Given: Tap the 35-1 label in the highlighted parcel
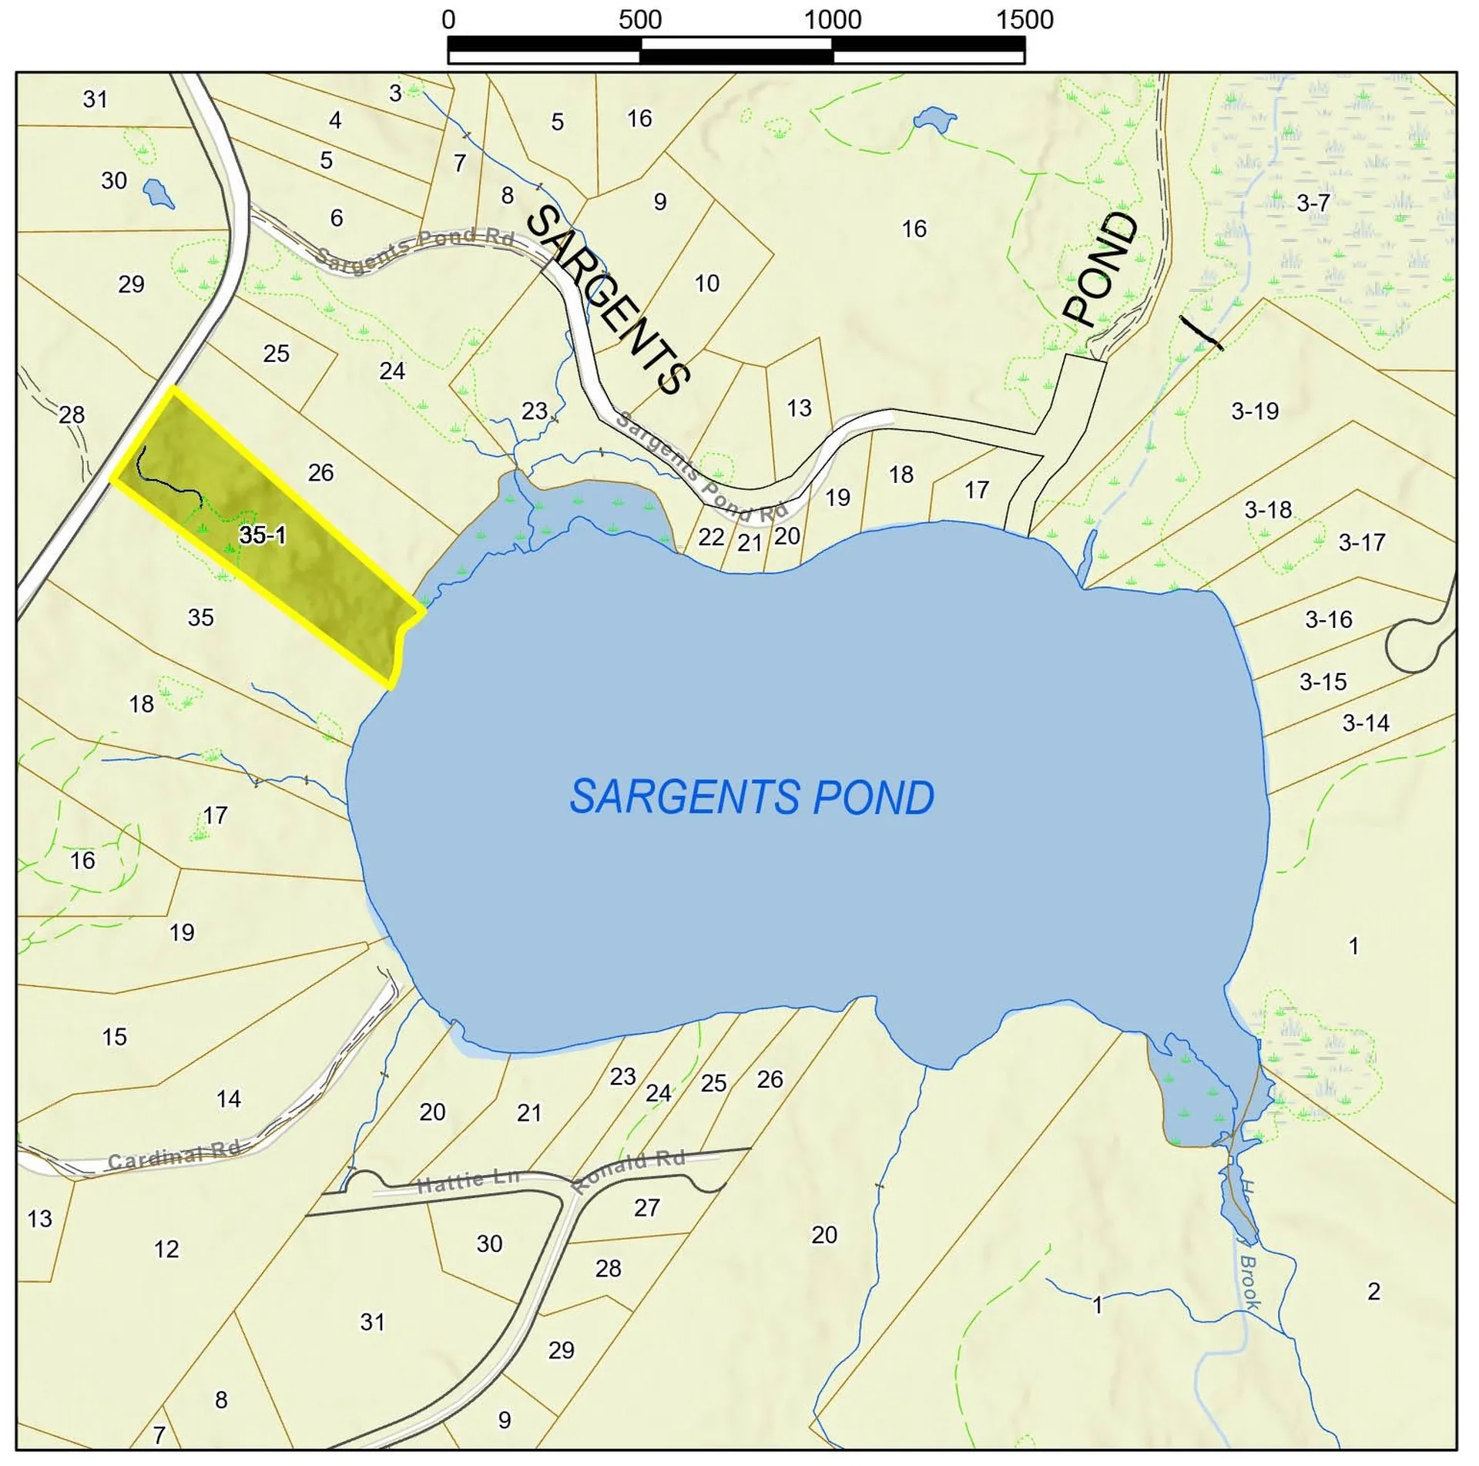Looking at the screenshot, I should click(262, 535).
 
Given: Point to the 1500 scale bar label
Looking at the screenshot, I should click(1025, 20).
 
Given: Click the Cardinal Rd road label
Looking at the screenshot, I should click(174, 1156).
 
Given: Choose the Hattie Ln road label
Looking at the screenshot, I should click(468, 1179).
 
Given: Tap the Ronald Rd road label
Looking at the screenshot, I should click(629, 1169).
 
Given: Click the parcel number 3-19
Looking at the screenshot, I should click(1254, 411).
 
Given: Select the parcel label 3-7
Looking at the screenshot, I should click(1313, 203).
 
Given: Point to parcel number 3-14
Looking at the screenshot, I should click(1366, 723).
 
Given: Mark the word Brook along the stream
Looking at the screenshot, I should click(1249, 1281).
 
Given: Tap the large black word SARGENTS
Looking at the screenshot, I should click(609, 300).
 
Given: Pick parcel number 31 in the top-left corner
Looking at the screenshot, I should click(96, 99).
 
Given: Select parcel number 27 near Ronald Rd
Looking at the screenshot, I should click(646, 1207).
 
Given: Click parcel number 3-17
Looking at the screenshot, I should click(1361, 542).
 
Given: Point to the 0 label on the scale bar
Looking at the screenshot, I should click(448, 20).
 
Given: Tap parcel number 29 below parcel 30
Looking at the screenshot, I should click(131, 284).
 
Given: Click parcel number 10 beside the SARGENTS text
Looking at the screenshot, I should click(706, 283).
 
